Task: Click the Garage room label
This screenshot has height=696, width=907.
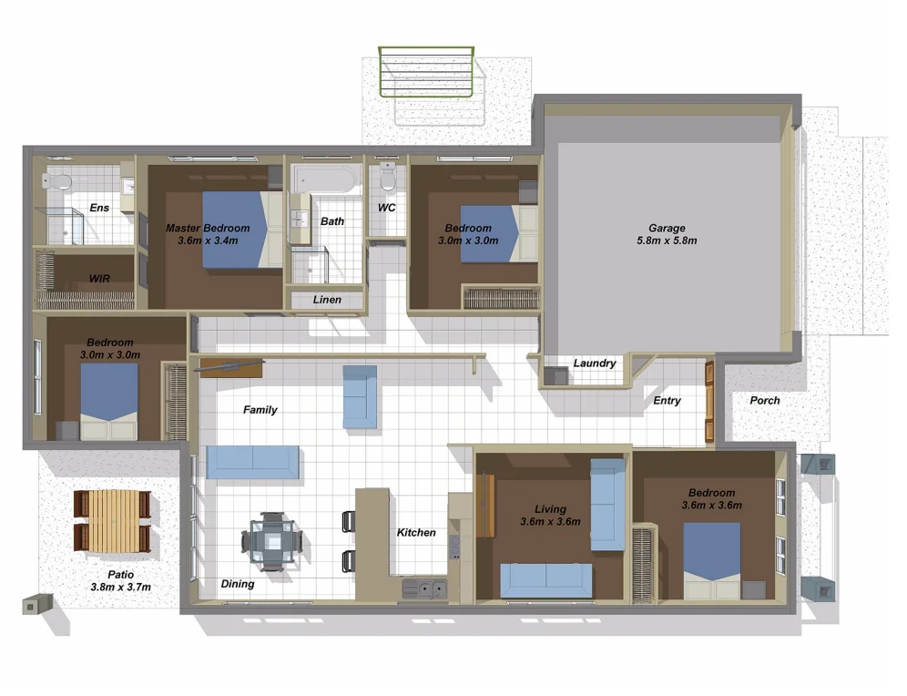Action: (667, 229)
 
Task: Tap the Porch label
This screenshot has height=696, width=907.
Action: (764, 401)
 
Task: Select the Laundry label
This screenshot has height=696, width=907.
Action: (594, 363)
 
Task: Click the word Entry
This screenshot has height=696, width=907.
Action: (667, 401)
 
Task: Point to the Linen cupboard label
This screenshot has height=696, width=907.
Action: (327, 300)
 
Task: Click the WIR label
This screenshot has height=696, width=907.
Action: (99, 278)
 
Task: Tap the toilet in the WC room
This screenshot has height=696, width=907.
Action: (388, 176)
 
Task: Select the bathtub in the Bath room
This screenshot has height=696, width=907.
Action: (324, 179)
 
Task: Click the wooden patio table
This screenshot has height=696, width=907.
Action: (111, 520)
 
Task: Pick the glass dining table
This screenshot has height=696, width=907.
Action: (271, 542)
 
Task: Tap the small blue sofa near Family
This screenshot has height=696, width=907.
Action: (359, 396)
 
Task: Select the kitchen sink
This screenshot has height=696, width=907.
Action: (424, 589)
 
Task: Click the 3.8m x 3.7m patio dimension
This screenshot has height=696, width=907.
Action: (120, 588)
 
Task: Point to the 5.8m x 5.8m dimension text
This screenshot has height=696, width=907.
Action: (667, 241)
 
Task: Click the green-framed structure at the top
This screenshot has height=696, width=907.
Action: (426, 74)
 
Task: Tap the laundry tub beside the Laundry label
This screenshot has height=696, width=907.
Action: (554, 375)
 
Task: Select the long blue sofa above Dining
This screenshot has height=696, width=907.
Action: (252, 462)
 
